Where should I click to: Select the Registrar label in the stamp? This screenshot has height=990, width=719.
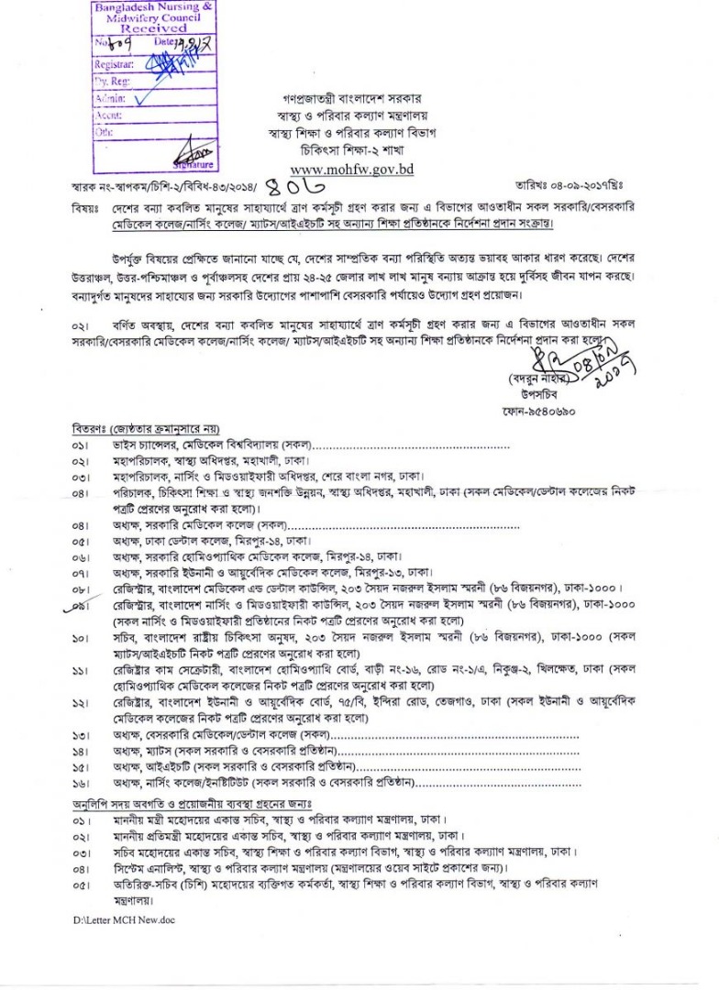[x=114, y=65]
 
